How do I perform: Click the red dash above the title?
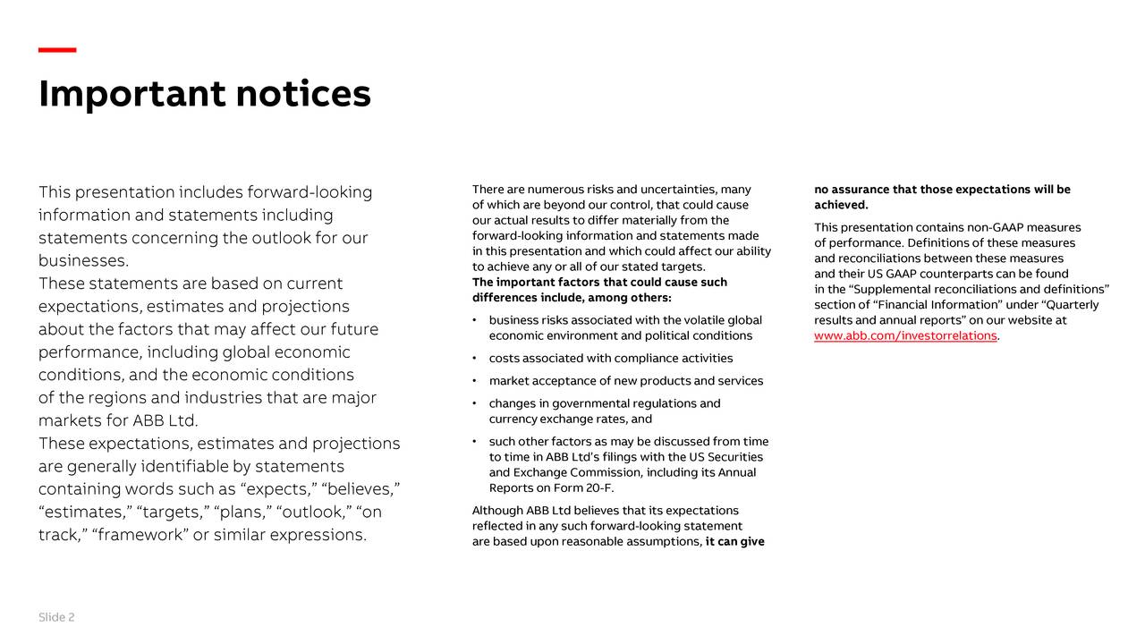point(57,50)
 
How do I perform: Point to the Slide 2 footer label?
point(56,618)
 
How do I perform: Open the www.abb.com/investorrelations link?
point(905,336)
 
